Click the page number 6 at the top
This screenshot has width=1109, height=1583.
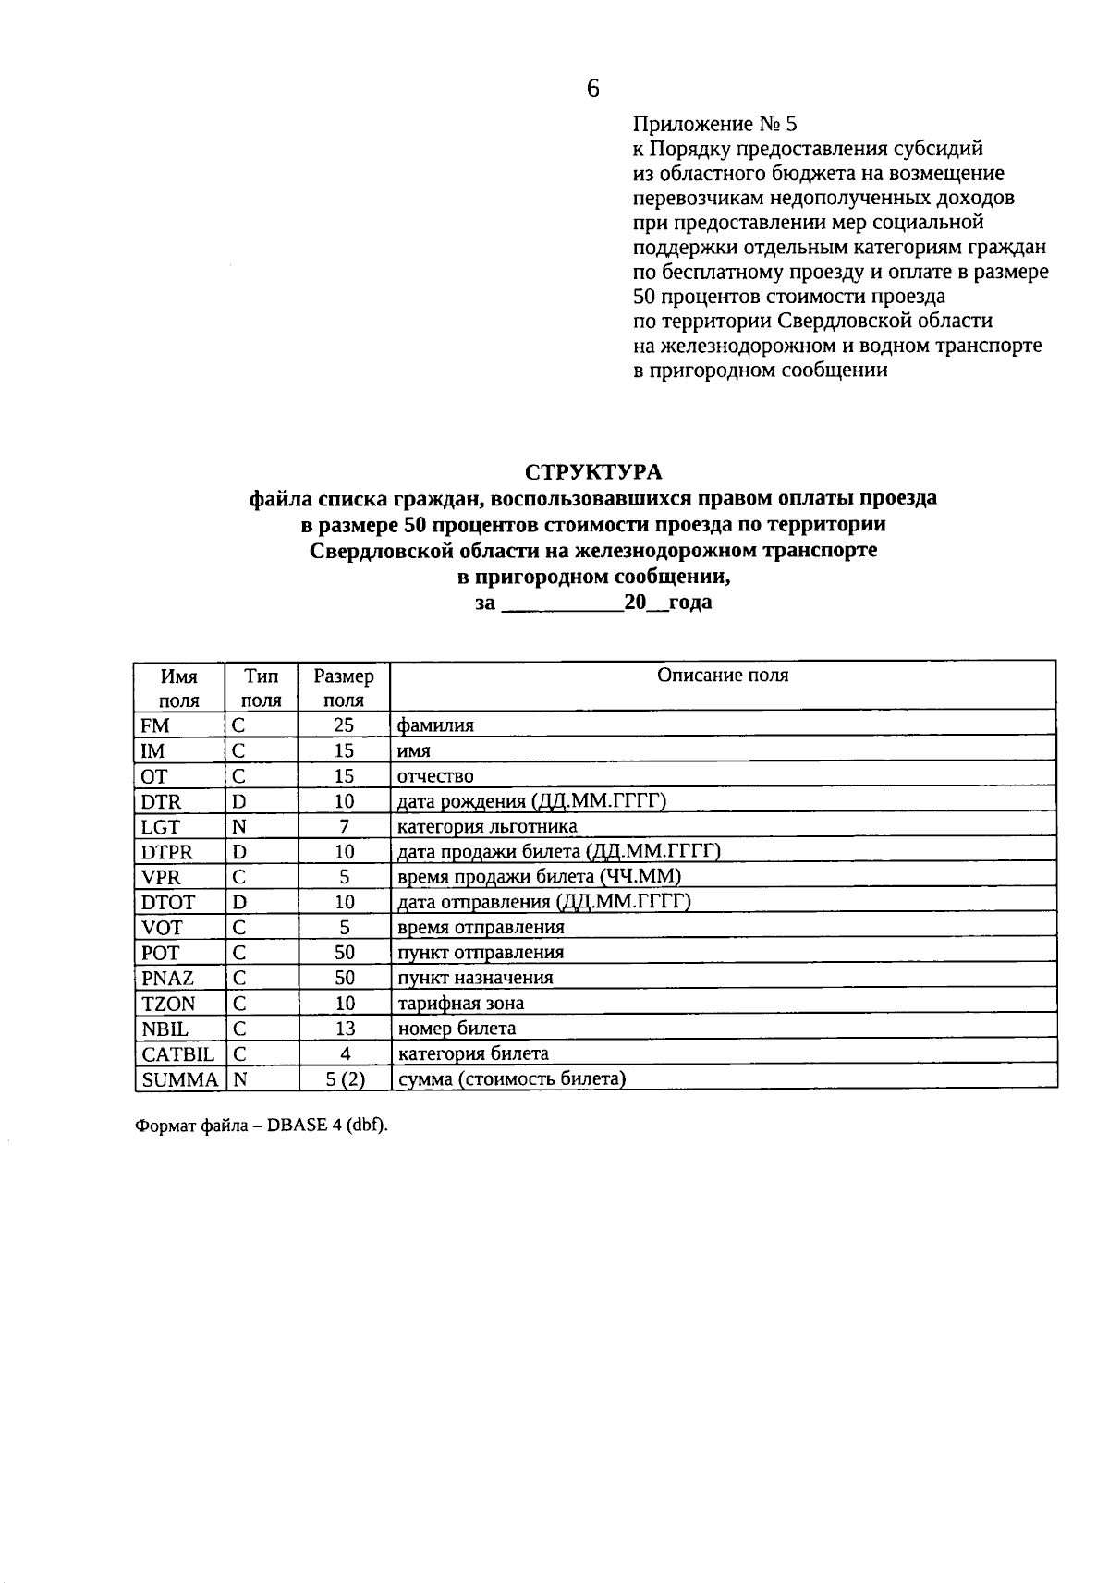click(592, 89)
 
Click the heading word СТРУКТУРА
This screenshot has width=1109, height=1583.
click(593, 472)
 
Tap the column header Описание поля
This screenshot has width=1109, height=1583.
click(723, 676)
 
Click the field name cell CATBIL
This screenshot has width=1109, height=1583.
click(177, 1054)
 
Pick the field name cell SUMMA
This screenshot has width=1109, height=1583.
click(179, 1079)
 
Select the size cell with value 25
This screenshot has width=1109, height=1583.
click(344, 725)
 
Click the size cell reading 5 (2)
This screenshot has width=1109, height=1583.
click(344, 1079)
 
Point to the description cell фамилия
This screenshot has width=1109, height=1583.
click(435, 725)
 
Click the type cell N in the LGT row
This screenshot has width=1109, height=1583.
click(238, 827)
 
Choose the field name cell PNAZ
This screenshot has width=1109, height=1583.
click(167, 978)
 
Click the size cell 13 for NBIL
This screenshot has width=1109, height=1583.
click(344, 1029)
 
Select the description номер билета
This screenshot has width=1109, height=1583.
click(457, 1029)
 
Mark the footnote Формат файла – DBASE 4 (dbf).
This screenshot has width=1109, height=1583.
click(262, 1126)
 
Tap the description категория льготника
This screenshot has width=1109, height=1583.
click(487, 827)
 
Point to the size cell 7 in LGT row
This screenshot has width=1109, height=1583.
click(344, 827)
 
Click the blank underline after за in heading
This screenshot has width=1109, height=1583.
click(561, 605)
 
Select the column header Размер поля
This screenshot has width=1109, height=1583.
click(344, 688)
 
